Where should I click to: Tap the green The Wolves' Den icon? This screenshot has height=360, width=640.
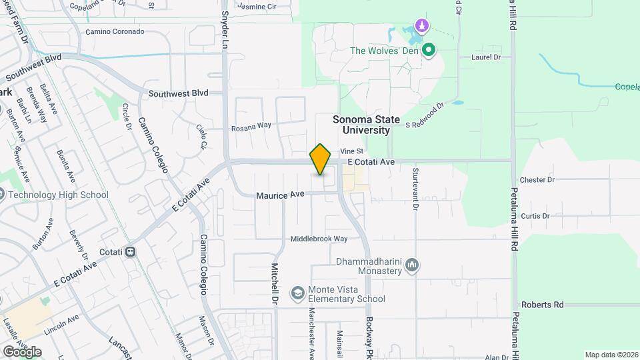tap(429, 50)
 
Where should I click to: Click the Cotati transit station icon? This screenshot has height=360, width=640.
tap(131, 252)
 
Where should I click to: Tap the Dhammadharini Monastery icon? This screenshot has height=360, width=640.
tap(413, 266)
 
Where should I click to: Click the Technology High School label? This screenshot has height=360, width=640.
tap(57, 195)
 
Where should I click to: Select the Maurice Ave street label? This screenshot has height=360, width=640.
tap(280, 195)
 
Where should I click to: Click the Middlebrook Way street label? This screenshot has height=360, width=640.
tap(319, 239)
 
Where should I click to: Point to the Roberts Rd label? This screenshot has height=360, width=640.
tap(542, 305)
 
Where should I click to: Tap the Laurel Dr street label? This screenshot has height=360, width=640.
tap(485, 58)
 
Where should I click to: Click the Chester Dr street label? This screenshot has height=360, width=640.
tap(537, 180)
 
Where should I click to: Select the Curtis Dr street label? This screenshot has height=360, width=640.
tap(535, 216)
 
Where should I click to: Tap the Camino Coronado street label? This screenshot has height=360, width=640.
tap(115, 31)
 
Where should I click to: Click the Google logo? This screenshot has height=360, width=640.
tap(22, 351)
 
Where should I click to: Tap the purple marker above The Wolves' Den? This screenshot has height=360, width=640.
tap(421, 26)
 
